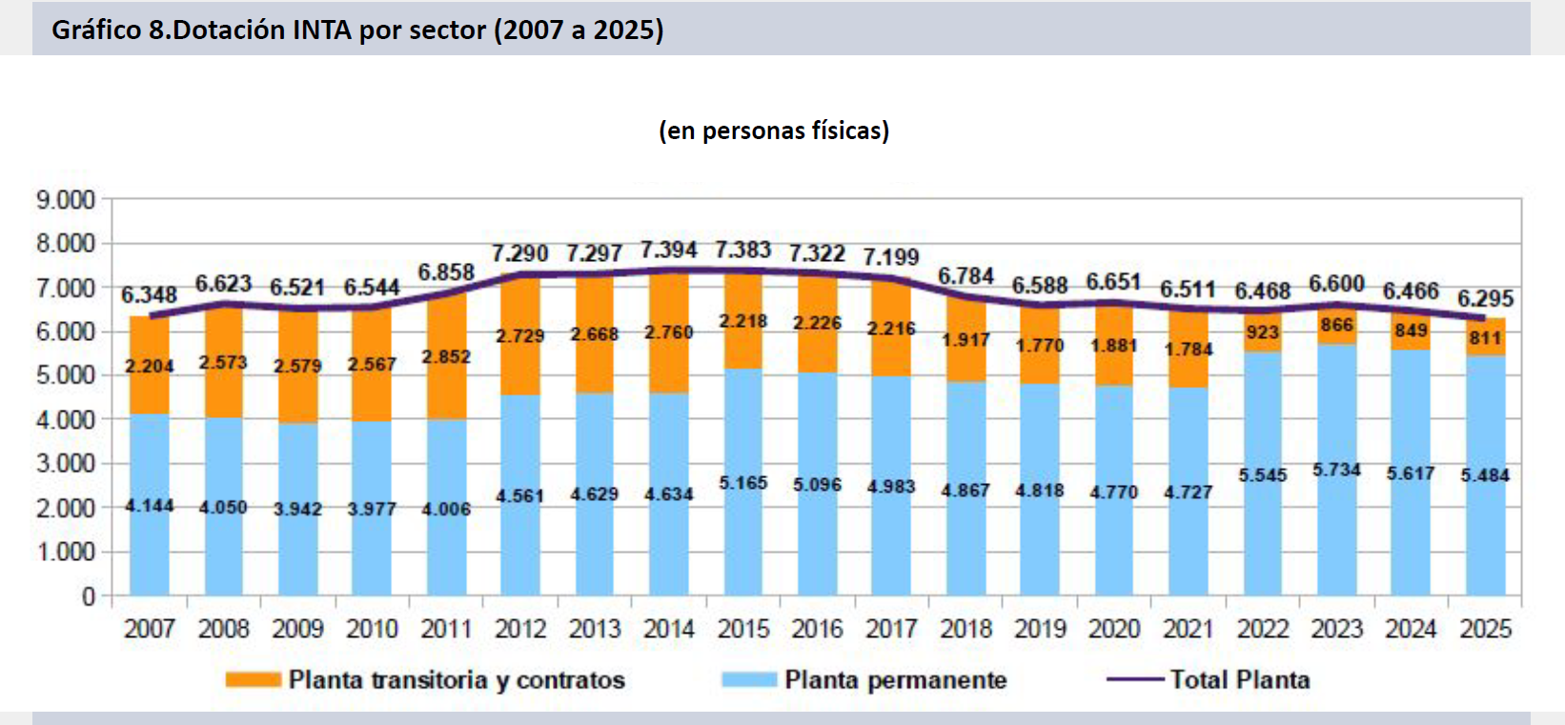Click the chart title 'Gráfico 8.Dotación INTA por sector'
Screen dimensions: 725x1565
click(357, 30)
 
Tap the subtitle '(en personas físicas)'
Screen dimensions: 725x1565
click(773, 130)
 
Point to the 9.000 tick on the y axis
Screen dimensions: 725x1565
click(66, 200)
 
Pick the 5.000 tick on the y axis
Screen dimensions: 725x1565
click(66, 375)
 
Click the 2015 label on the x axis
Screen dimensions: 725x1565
click(742, 629)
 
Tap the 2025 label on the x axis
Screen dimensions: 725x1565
click(1485, 629)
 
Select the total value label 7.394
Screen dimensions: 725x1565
click(668, 251)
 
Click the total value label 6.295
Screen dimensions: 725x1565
click(1485, 298)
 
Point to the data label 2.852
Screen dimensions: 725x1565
click(446, 356)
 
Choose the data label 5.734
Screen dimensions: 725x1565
click(1336, 470)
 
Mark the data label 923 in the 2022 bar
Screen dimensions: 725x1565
click(1262, 332)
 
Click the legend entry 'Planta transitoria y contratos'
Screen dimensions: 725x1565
click(457, 680)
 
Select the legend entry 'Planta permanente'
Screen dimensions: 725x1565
click(895, 680)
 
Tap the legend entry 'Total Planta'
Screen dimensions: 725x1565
click(1239, 680)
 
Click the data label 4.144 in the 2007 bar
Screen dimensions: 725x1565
click(150, 505)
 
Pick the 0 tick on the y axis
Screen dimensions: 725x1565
click(89, 596)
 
